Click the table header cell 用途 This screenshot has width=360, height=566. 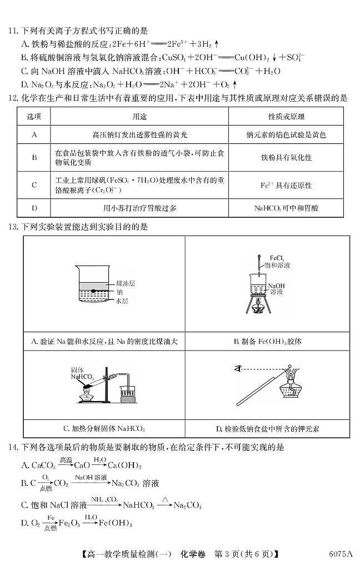pyautogui.click(x=139, y=117)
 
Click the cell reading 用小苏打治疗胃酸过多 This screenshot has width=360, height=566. pyautogui.click(x=139, y=208)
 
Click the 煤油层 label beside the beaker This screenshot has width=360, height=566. pyautogui.click(x=126, y=283)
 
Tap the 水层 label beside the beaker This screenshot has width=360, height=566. pyautogui.click(x=122, y=301)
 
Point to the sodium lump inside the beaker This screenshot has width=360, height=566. pyautogui.click(x=95, y=292)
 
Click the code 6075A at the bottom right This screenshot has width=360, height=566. pyautogui.click(x=341, y=554)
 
